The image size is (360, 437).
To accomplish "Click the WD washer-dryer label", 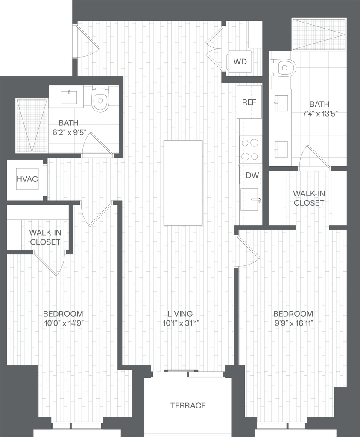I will click(240, 61).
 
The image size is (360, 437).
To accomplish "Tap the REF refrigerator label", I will click(249, 102).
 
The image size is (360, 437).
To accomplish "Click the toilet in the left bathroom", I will click(100, 99).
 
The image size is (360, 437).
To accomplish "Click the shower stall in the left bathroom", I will click(32, 125).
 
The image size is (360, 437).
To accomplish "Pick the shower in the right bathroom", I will click(319, 34).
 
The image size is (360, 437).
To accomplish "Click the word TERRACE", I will click(188, 405).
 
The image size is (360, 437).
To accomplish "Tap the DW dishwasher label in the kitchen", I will click(250, 175).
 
